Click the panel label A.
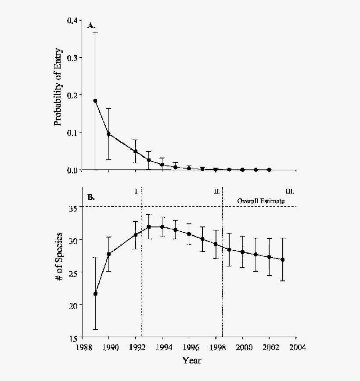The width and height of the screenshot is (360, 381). pyautogui.click(x=91, y=26)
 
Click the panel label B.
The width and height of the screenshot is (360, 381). pyautogui.click(x=91, y=197)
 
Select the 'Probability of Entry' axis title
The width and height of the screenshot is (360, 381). pyautogui.click(x=58, y=86)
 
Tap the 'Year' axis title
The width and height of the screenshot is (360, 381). pyautogui.click(x=192, y=360)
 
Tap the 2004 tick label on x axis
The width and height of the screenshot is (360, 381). pyautogui.click(x=295, y=346)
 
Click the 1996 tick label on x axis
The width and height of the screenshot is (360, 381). pyautogui.click(x=189, y=346)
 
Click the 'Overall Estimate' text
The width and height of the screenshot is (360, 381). pyautogui.click(x=261, y=201)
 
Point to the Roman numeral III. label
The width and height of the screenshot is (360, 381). pyautogui.click(x=290, y=191)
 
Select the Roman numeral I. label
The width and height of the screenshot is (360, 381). pyautogui.click(x=137, y=191)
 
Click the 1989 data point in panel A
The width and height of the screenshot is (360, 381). pyautogui.click(x=95, y=101)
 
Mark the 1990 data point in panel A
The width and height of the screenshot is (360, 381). pyautogui.click(x=108, y=134)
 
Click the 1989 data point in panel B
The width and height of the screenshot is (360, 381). pyautogui.click(x=95, y=294)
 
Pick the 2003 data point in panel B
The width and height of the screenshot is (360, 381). pyautogui.click(x=282, y=259)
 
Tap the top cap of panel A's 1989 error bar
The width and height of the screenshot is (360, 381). pyautogui.click(x=95, y=32)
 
